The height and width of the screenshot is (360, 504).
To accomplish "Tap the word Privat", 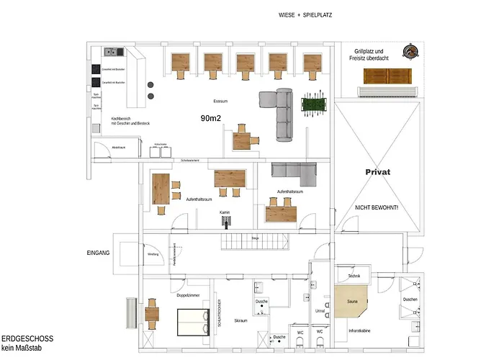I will click(x=377, y=173).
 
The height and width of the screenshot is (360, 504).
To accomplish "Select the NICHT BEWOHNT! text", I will click(x=377, y=207).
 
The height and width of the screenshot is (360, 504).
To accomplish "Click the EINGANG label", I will click(x=98, y=253).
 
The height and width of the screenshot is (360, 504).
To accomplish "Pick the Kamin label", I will click(x=225, y=212).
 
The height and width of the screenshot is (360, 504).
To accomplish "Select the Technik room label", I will click(x=354, y=276).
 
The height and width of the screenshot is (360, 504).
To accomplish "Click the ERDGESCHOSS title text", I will click(x=27, y=338).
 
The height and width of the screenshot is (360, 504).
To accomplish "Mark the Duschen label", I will click(x=410, y=300).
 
